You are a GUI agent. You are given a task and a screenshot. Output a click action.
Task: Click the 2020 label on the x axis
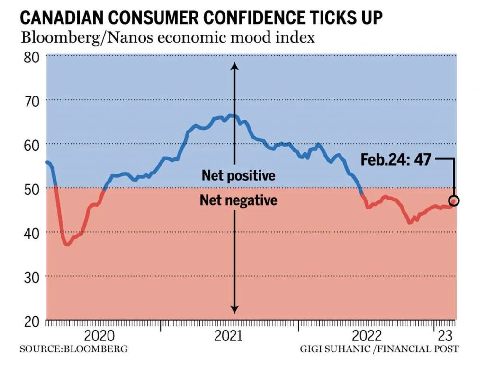pos(99,336)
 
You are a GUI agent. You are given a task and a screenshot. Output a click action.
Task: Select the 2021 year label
pos(228,336)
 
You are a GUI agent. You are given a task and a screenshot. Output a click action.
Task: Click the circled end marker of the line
pos(454,200)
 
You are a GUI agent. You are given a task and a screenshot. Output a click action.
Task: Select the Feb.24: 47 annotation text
pos(396,159)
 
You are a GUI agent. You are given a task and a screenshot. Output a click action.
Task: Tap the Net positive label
pos(238,176)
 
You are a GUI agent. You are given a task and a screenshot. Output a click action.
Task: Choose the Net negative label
pos(238,200)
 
